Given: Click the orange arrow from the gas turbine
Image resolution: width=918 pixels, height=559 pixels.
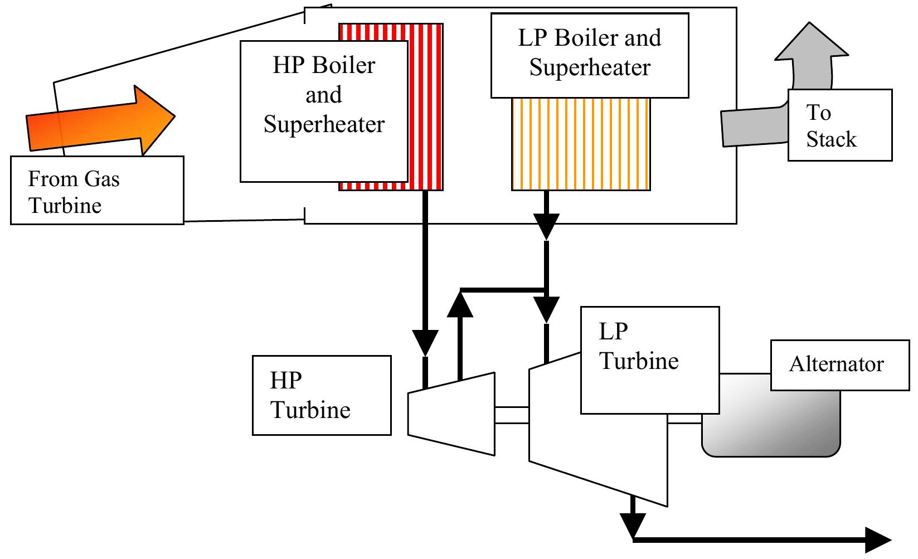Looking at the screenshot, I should (x=100, y=120).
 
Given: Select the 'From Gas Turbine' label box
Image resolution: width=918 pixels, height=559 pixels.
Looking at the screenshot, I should (x=97, y=191).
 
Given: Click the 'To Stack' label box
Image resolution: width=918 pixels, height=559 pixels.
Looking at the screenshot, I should (x=840, y=125).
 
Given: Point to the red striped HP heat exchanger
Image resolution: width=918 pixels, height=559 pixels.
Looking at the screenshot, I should (x=426, y=106).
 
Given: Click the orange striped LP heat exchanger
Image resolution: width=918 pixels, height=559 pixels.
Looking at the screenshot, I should (x=581, y=144).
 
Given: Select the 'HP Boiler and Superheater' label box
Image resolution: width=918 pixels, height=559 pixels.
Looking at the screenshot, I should (x=324, y=111).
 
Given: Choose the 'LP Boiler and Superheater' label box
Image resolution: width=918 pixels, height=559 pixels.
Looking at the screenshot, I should (x=590, y=55).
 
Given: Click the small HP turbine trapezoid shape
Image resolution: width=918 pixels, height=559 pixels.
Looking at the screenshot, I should (x=452, y=413).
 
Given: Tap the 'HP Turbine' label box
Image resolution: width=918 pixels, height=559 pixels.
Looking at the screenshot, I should (x=322, y=396).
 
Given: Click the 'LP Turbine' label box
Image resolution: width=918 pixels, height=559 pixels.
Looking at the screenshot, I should (x=650, y=360).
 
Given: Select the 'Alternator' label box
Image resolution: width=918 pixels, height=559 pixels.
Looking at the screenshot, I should (x=840, y=365).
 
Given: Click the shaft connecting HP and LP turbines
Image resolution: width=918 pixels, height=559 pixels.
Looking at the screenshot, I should (x=512, y=415).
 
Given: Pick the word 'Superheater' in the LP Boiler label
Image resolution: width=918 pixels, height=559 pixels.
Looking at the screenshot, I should (x=590, y=68).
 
